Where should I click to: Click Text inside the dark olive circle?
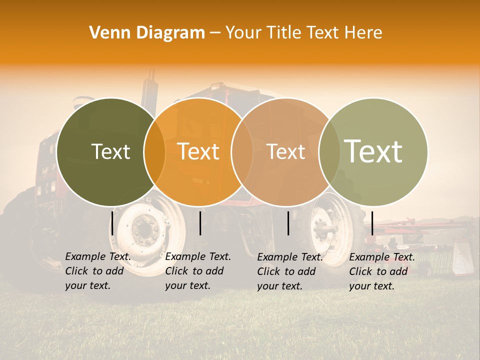[110, 152]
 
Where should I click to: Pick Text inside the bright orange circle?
[198, 152]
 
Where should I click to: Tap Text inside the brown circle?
[286, 152]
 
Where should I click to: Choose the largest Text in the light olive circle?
[373, 151]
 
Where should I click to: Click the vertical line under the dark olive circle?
[112, 223]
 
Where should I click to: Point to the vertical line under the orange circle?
[200, 223]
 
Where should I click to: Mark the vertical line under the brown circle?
[288, 223]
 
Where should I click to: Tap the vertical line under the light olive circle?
[372, 223]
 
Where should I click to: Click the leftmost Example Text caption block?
[98, 271]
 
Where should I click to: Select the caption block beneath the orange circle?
[198, 271]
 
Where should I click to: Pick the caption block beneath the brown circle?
[290, 271]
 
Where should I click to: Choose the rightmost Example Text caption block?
[382, 271]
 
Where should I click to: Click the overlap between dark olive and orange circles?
[154, 152]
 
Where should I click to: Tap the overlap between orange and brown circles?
[242, 152]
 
